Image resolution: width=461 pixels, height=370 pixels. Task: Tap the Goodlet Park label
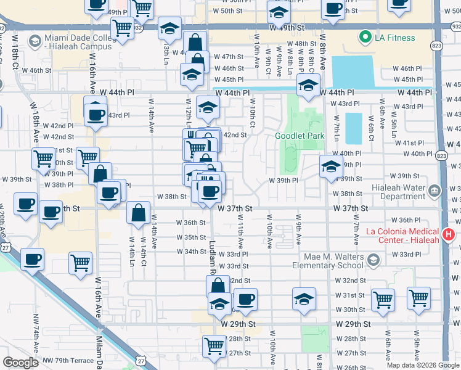pyautogui.click(x=299, y=136)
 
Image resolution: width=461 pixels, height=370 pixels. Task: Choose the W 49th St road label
pyautogui.click(x=287, y=28)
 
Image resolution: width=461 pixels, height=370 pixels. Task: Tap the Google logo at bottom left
pyautogui.click(x=20, y=363)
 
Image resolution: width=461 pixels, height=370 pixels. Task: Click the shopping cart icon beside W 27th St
pyautogui.click(x=214, y=345)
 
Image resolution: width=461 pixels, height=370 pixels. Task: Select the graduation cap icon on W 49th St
pyautogui.click(x=169, y=28)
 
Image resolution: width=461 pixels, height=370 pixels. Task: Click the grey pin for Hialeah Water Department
pyautogui.click(x=436, y=189)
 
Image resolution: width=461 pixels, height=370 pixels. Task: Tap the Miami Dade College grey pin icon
pyautogui.click(x=35, y=42)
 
